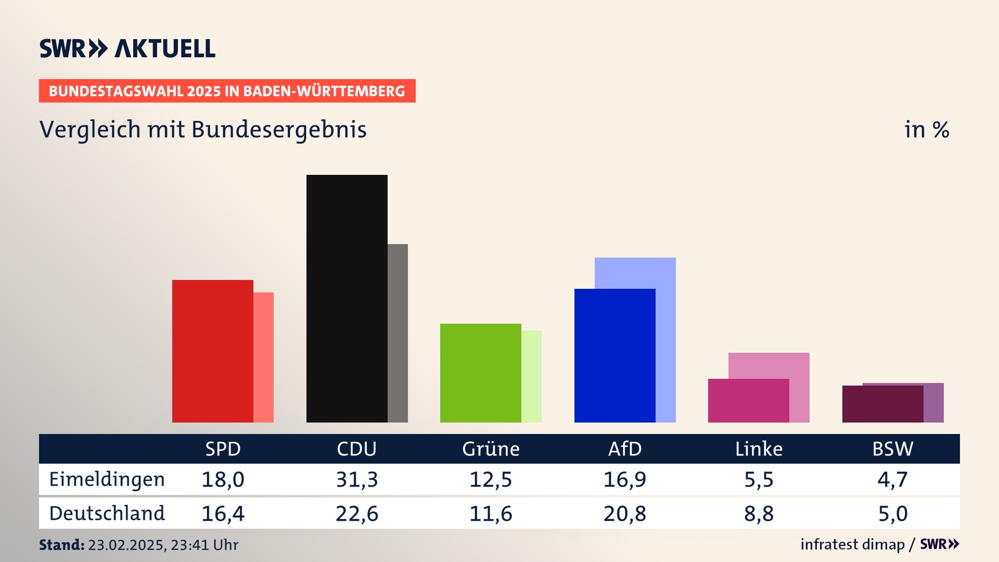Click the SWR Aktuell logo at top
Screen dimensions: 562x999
click(x=127, y=48)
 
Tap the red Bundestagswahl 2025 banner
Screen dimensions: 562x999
click(x=227, y=91)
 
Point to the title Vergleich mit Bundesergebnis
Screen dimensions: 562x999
click(x=203, y=130)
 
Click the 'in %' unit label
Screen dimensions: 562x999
click(x=926, y=130)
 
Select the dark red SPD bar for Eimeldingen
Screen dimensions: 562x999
click(x=212, y=351)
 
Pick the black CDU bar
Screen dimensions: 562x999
click(x=347, y=299)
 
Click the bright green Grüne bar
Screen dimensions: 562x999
click(x=480, y=373)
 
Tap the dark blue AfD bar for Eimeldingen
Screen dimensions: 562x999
click(x=614, y=355)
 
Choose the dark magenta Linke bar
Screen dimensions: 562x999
click(x=748, y=401)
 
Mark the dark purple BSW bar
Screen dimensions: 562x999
click(x=882, y=404)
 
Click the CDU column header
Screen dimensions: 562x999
click(x=356, y=449)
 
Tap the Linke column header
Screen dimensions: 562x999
click(x=759, y=449)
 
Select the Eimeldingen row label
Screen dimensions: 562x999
click(x=107, y=479)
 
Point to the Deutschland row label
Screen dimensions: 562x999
click(x=107, y=514)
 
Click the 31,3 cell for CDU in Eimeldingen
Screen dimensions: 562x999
click(x=357, y=479)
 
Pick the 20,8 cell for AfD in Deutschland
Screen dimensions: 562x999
click(x=624, y=514)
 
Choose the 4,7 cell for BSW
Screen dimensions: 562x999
click(x=892, y=479)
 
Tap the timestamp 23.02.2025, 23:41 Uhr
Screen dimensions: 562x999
click(x=163, y=545)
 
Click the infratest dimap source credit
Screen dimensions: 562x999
click(x=852, y=544)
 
